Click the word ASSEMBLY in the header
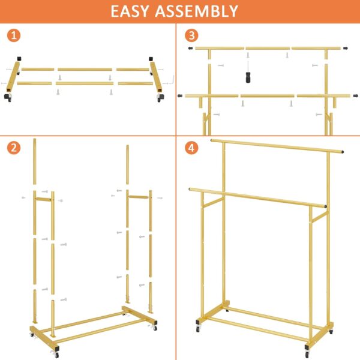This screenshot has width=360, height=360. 202,11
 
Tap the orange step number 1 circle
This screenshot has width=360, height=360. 15,35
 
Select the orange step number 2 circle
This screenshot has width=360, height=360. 15,148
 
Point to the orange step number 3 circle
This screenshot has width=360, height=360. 191,35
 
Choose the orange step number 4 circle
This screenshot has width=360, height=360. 191,148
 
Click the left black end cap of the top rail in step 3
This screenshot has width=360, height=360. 191,47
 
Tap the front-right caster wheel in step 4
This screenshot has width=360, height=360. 307,353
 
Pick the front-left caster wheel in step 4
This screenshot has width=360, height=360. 199,330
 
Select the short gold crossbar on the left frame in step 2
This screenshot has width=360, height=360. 43,198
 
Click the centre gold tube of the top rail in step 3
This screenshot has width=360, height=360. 268,48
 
